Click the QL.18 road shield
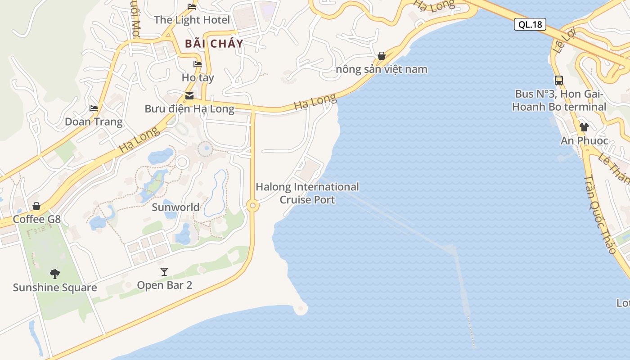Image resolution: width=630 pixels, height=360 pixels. pos(530,24)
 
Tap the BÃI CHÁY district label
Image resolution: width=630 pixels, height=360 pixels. pos(214,44)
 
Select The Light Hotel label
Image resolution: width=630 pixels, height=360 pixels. pos(192,20)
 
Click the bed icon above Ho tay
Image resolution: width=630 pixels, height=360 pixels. pos(198,64)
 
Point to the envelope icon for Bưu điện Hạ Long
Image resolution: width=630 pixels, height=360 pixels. pos(189,95)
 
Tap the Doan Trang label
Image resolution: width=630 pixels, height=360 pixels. pos(94,121)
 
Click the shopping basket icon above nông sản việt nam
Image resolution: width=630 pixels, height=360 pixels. pos(382,56)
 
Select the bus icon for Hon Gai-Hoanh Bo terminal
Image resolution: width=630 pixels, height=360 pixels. pos(559,81)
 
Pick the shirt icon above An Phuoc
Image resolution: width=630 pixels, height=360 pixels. pos(584,127)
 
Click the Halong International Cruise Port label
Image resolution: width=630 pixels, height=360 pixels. pos(307,193)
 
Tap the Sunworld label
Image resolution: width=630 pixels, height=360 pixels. pos(175,207)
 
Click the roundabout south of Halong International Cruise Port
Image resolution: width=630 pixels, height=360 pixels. pos(252,206)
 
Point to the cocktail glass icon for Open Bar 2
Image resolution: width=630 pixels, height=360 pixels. pos(164,271)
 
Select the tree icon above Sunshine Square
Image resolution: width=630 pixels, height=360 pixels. pos(55,274)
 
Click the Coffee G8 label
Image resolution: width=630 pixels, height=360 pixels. pos(36,219)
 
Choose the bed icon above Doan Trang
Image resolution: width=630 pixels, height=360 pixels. pos(94,108)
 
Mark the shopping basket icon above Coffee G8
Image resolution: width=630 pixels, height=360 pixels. pos(36,206)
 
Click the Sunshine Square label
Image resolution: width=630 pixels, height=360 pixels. pos(55,288)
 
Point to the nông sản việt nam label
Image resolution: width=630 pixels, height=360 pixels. pos(382,69)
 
